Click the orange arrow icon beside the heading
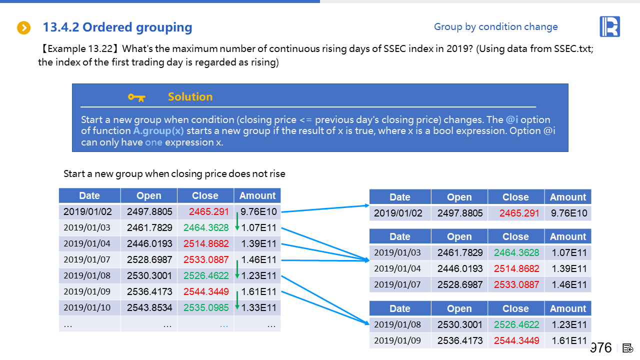[x=23, y=28]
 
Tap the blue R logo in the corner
[x=609, y=26]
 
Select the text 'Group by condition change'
[x=495, y=27]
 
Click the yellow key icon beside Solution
[x=136, y=97]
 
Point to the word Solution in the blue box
[x=190, y=97]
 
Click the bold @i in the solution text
[x=511, y=120]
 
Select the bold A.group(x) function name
[x=158, y=131]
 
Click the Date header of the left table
[x=89, y=195]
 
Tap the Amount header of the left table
[x=257, y=195]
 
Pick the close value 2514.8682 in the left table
[x=206, y=244]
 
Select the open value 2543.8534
[x=149, y=307]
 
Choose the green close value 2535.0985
[x=206, y=307]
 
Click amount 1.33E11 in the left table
[x=258, y=307]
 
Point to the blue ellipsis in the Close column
[x=223, y=324]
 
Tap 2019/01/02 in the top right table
[x=398, y=213]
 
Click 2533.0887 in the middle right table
[x=516, y=284]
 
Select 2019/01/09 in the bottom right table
[x=397, y=340]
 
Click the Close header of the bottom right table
[x=515, y=308]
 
